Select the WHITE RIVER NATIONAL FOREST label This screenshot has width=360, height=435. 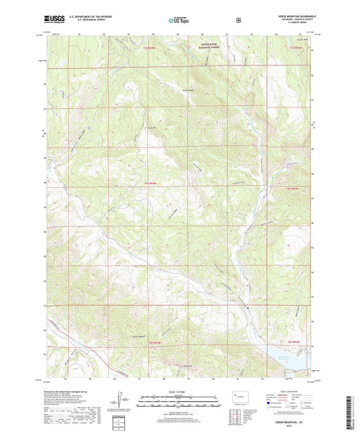(209, 47)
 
